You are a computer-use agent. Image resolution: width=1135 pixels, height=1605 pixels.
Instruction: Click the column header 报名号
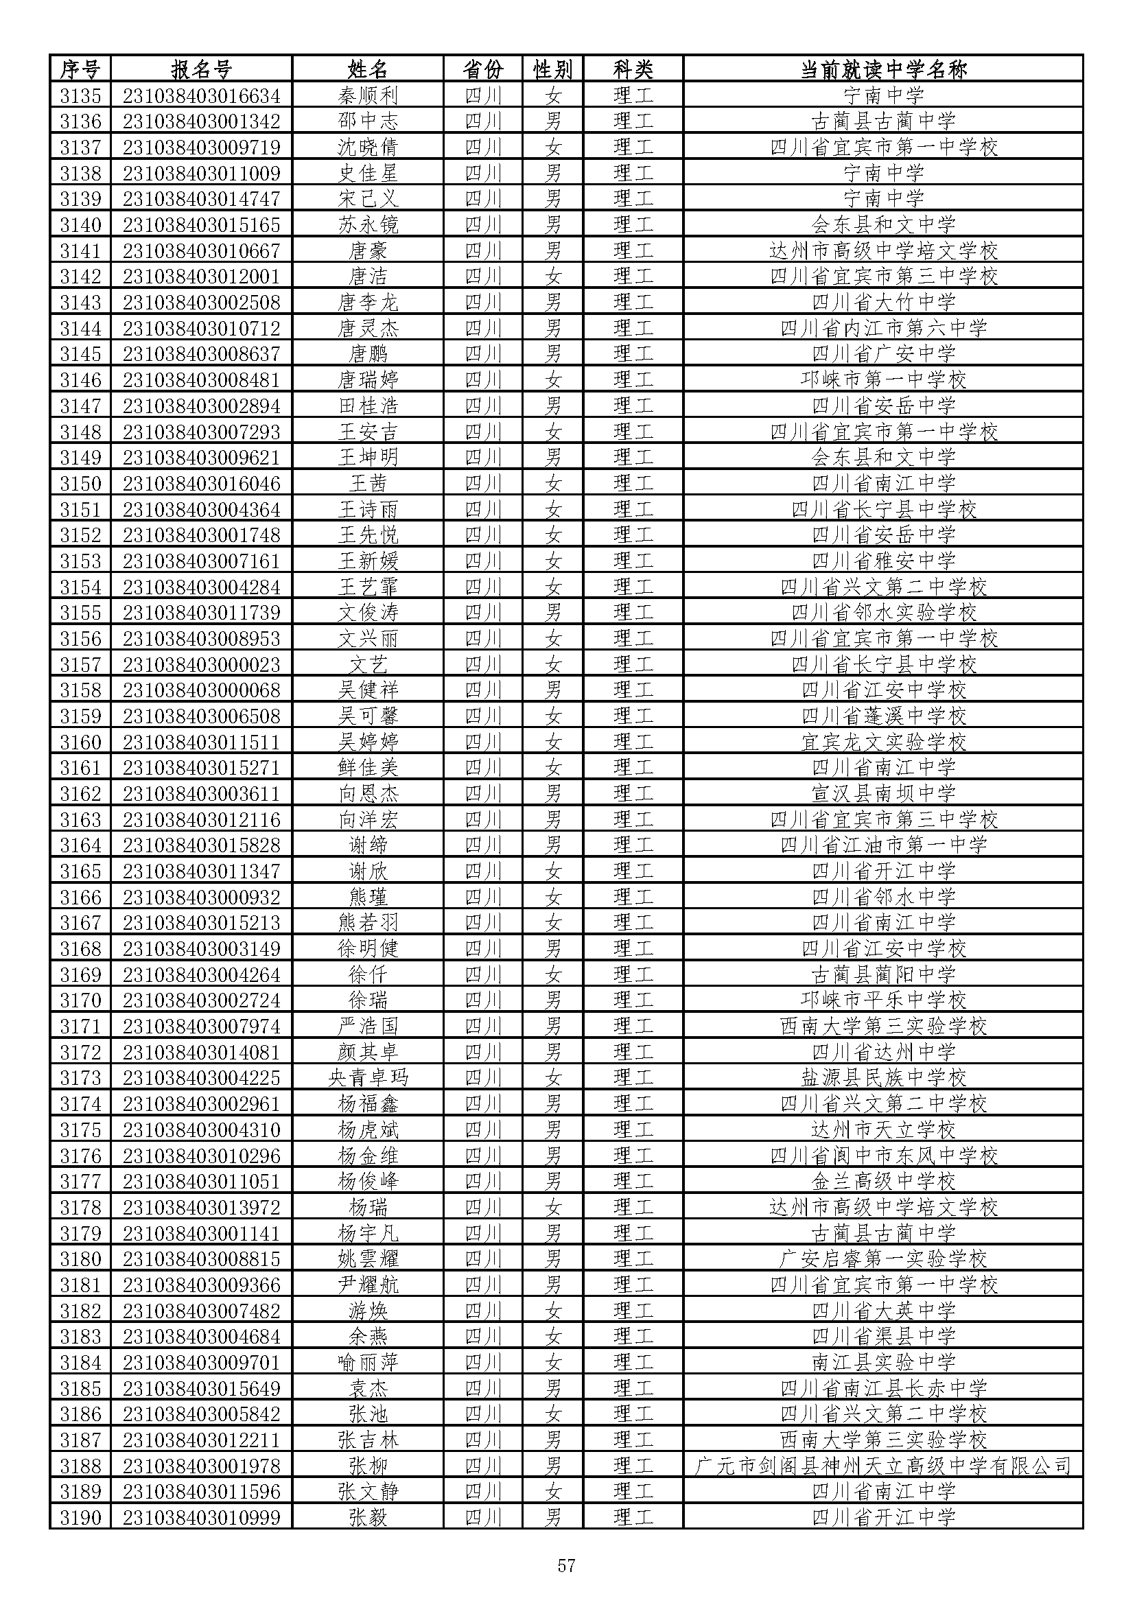click(x=201, y=69)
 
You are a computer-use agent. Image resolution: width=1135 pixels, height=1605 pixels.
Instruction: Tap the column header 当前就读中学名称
click(x=883, y=69)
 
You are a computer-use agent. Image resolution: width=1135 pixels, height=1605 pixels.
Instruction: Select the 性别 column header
click(x=553, y=69)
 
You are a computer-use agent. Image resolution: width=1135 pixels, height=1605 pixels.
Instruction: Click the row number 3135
click(x=80, y=95)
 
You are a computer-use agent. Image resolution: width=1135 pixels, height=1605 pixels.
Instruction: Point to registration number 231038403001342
click(x=201, y=121)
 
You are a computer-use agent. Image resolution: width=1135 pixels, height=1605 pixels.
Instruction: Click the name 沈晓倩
click(x=368, y=147)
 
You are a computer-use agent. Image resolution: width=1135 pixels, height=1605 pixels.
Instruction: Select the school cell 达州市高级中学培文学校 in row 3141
click(x=883, y=250)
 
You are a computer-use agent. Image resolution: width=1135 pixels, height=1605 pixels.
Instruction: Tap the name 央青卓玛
click(x=368, y=1078)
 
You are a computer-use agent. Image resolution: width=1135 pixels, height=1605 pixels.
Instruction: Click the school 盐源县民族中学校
click(x=883, y=1078)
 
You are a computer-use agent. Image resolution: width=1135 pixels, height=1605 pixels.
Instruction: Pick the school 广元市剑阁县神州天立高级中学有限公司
click(x=883, y=1466)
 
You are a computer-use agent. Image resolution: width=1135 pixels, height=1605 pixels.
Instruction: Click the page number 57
click(x=566, y=1565)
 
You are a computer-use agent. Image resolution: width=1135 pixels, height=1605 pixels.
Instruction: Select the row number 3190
click(x=80, y=1518)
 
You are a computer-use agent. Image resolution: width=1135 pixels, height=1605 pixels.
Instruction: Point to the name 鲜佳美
click(x=368, y=768)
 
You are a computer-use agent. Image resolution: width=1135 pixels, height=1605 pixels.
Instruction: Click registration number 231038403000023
click(x=201, y=664)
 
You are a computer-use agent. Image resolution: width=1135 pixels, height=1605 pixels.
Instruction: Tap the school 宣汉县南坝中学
click(x=883, y=793)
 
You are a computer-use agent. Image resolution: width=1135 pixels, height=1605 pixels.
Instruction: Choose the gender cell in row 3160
click(x=553, y=742)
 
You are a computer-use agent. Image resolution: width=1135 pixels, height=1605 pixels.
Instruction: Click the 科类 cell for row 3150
click(x=633, y=483)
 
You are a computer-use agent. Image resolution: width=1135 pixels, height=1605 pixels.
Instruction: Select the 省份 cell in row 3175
click(x=483, y=1129)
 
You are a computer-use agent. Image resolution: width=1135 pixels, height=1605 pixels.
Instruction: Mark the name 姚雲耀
click(x=368, y=1259)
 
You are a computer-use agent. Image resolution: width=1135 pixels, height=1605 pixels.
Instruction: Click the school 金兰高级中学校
click(x=883, y=1182)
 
